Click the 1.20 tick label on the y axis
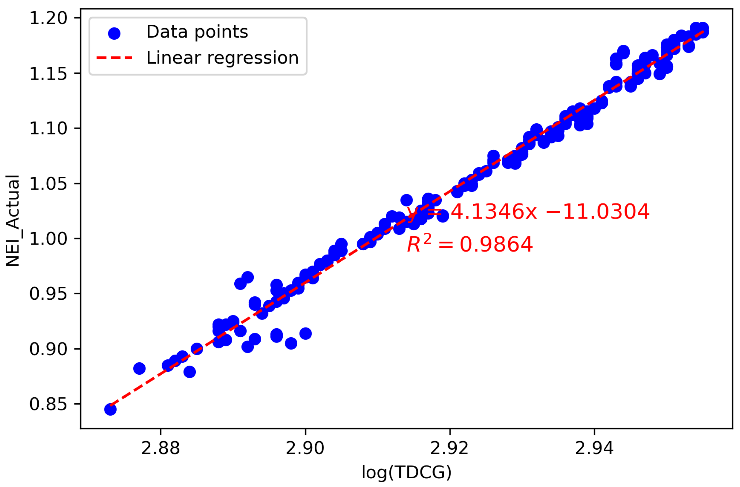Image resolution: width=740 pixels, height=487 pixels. point(48,18)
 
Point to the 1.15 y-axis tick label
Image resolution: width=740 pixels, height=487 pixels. point(48,74)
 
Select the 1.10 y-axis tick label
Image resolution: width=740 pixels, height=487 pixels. point(48,129)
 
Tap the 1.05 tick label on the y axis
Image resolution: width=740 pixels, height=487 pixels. point(48,184)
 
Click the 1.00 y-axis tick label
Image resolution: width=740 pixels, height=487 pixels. point(48,239)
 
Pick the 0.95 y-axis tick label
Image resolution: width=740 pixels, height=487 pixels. point(48,294)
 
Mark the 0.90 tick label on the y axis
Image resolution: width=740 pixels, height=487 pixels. point(48,349)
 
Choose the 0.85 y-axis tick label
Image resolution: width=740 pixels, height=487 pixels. point(48,404)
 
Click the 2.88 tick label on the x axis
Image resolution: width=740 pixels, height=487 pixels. point(160,448)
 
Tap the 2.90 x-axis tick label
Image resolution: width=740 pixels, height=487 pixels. point(305,448)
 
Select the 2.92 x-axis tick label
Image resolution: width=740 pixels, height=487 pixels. point(450,448)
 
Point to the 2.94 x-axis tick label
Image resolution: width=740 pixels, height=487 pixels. point(594,448)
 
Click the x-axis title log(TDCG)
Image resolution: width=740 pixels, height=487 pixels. point(406,472)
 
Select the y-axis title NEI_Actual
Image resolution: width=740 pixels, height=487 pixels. point(13,221)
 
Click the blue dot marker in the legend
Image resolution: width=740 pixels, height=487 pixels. point(114,33)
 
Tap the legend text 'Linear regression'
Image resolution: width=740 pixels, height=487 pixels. point(222,58)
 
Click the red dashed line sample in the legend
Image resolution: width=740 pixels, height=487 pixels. point(114,58)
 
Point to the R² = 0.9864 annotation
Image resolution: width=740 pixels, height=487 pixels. point(470,244)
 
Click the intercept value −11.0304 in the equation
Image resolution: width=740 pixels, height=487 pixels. point(598,212)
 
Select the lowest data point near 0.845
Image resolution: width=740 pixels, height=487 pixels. point(110,409)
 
